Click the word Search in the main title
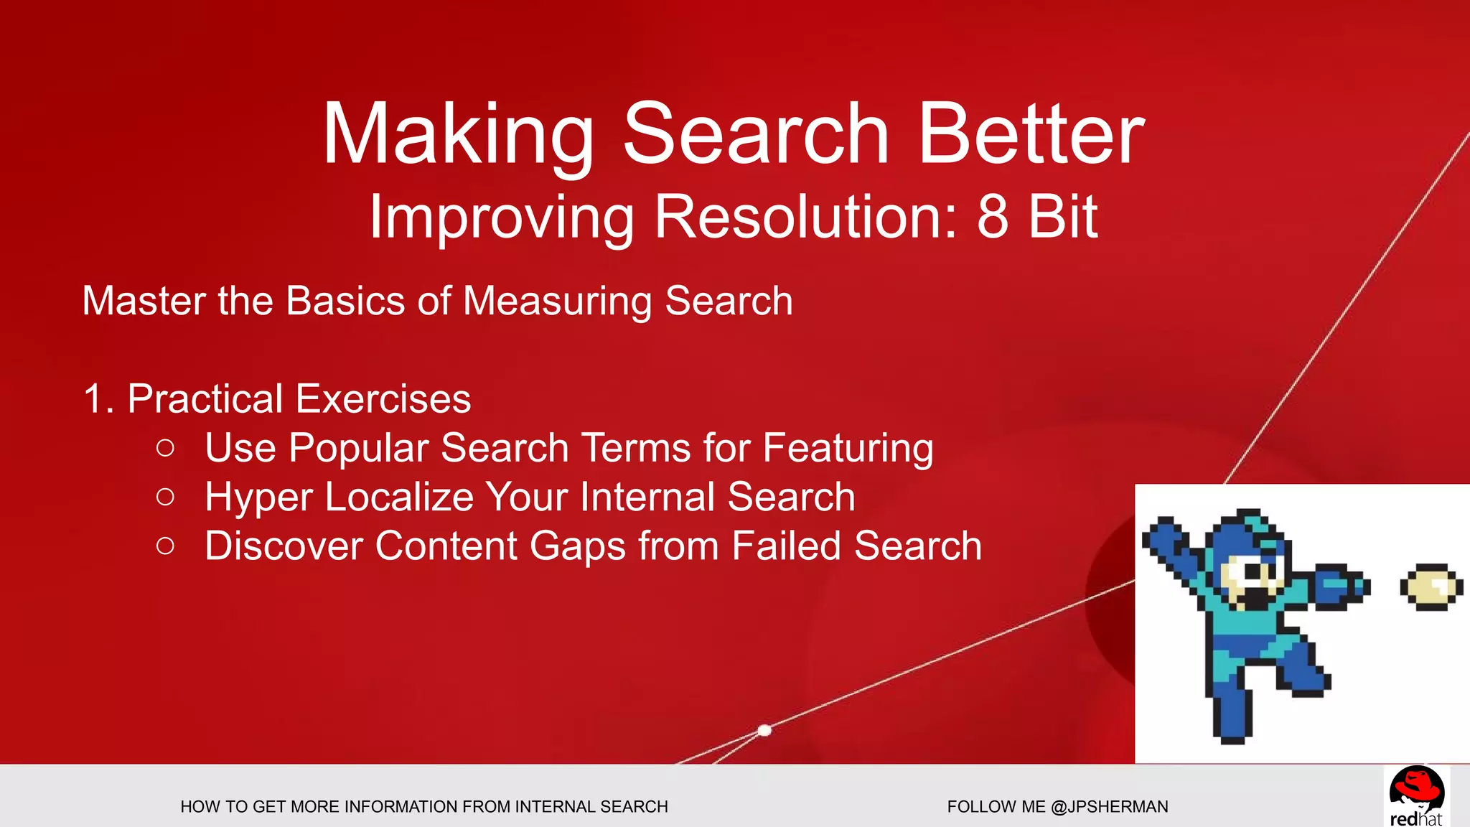(x=757, y=134)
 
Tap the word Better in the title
(x=1031, y=134)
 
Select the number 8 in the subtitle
(x=993, y=217)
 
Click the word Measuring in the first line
(x=557, y=301)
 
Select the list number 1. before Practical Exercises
(x=98, y=399)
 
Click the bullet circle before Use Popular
(x=165, y=449)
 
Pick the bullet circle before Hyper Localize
(x=165, y=497)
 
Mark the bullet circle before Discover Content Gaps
(x=165, y=546)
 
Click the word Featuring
(x=848, y=449)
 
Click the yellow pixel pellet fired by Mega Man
(x=1431, y=587)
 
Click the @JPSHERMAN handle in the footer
(x=1109, y=807)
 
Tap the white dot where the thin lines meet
(x=764, y=730)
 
